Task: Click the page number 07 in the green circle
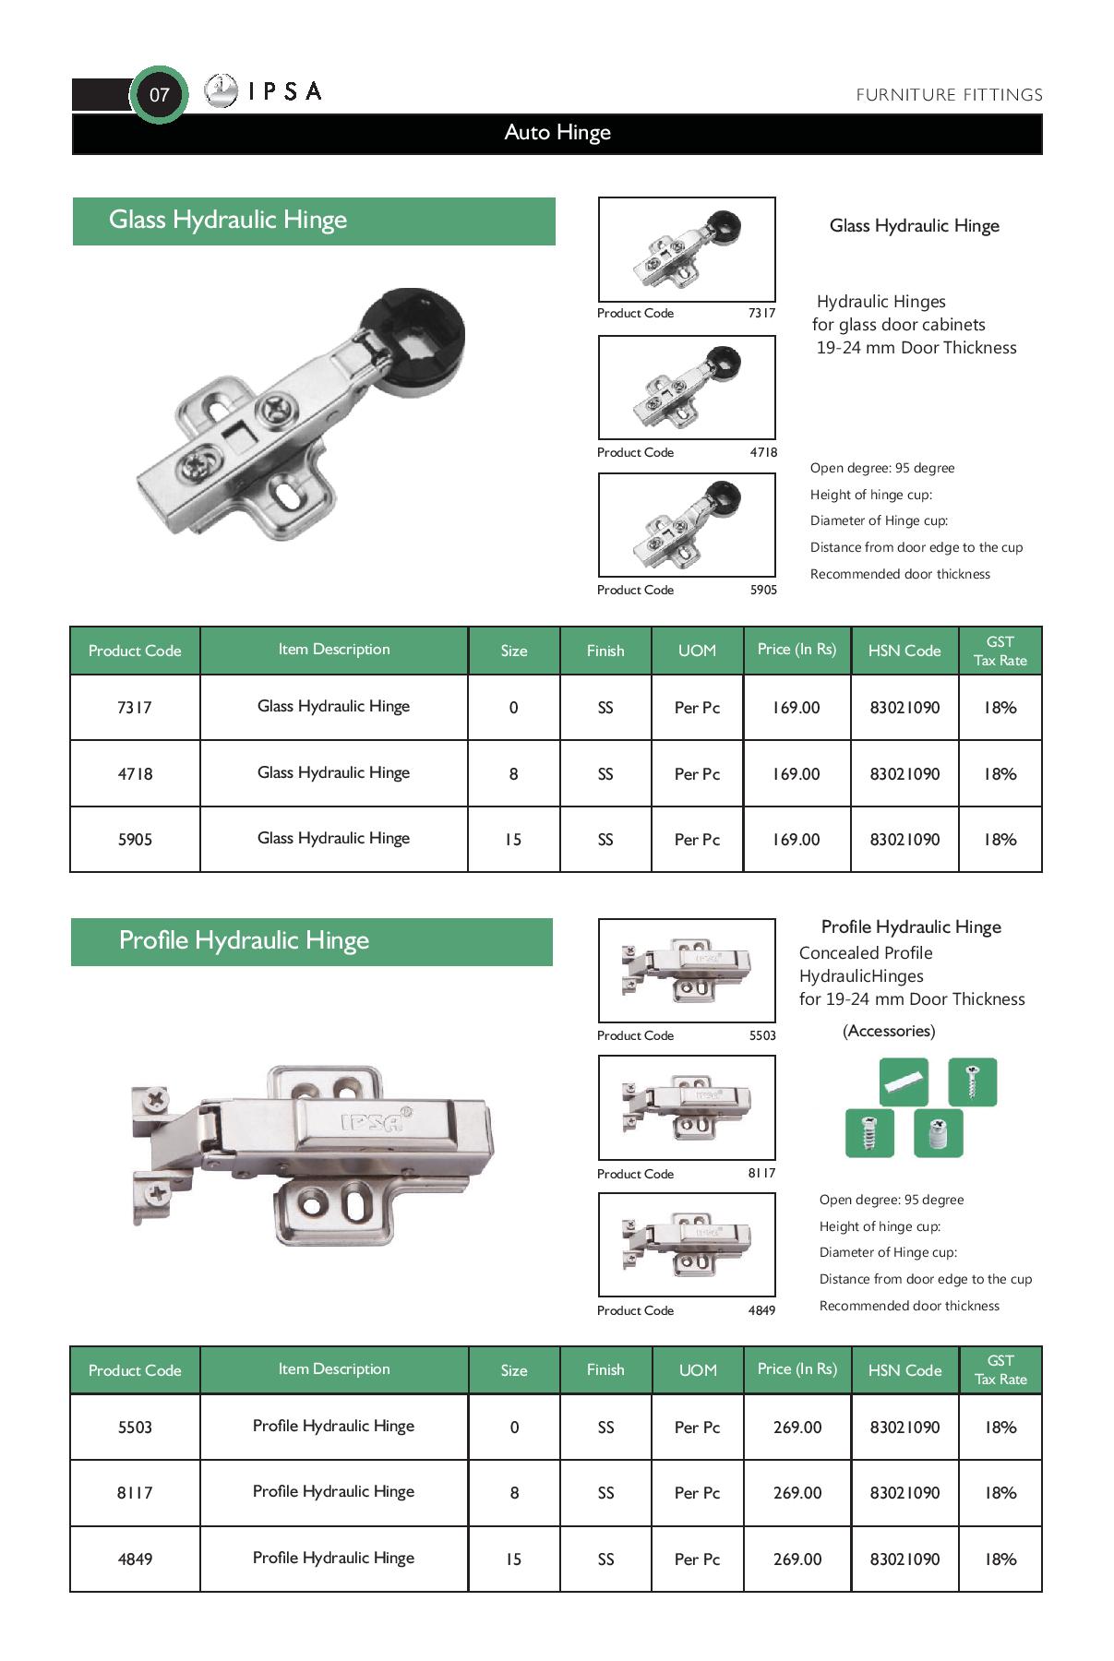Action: pos(159,94)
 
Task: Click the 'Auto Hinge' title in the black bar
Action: pos(557,133)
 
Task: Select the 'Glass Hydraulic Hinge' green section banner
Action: pos(314,221)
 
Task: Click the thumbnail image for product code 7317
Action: pos(687,249)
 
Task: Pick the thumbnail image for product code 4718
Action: pos(687,388)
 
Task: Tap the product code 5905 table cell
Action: pos(135,840)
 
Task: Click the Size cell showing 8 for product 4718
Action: pos(514,774)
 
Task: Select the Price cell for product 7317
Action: pos(797,708)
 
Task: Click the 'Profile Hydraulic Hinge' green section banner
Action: pos(312,941)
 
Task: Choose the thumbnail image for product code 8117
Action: pos(687,1107)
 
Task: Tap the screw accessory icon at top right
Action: pos(973,1081)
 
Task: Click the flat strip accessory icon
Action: pos(904,1081)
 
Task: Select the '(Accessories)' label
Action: pos(889,1031)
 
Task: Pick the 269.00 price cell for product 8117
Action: pos(797,1493)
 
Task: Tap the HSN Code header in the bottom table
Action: pos(904,1370)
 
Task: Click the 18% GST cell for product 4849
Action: pos(1000,1559)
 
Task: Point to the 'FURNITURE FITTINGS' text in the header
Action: pos(949,95)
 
